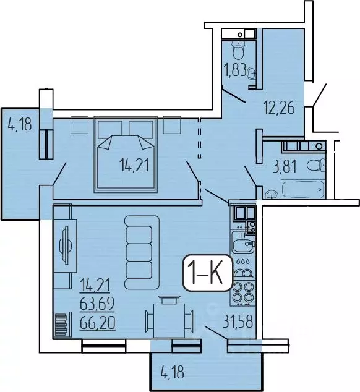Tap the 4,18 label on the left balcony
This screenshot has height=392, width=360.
20,126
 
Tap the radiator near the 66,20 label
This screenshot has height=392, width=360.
61,322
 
